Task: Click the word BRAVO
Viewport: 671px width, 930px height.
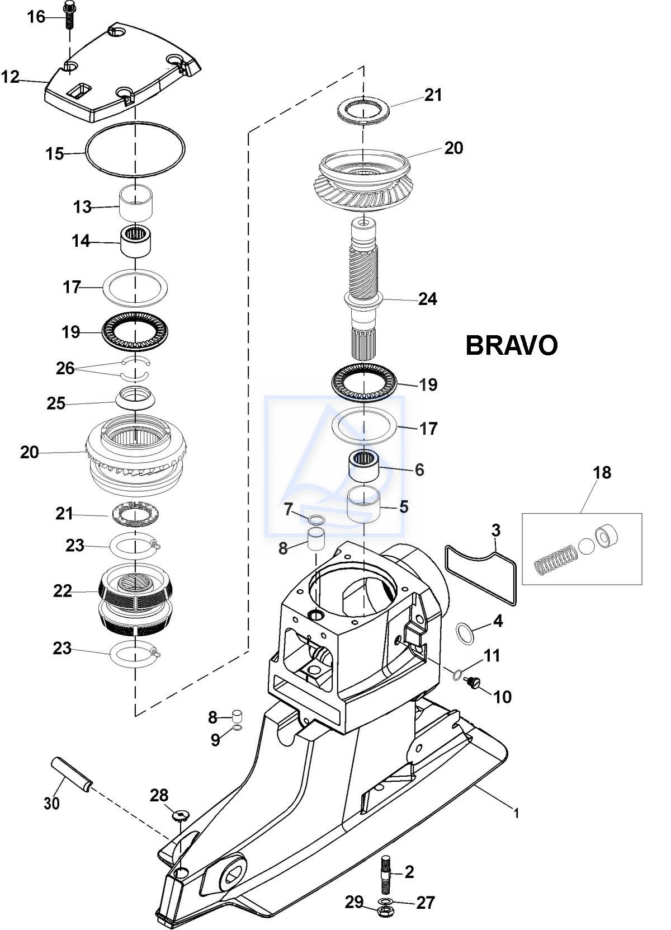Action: point(512,345)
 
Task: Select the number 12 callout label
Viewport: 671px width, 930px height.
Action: point(11,77)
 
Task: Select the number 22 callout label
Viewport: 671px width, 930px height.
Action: point(63,591)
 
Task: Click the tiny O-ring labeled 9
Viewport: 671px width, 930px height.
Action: point(237,727)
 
